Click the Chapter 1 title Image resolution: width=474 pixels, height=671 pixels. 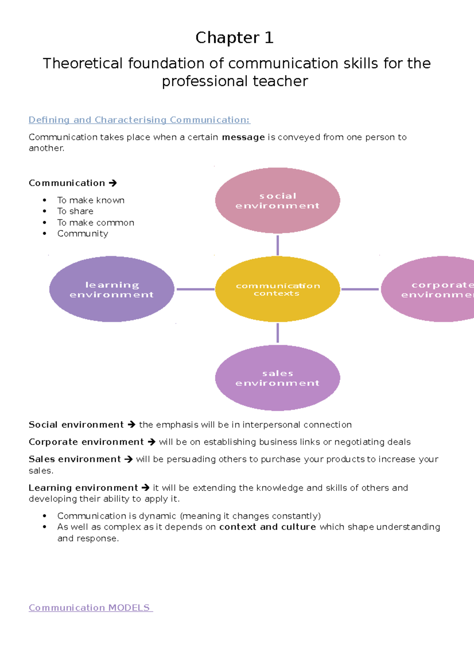click(x=234, y=38)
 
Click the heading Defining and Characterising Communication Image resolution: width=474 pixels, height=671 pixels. click(x=139, y=120)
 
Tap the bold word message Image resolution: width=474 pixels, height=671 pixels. click(x=243, y=137)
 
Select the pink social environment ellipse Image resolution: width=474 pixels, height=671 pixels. click(x=277, y=200)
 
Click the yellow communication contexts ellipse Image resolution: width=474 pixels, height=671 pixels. click(x=277, y=289)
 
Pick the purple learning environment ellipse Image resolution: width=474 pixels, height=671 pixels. click(x=111, y=289)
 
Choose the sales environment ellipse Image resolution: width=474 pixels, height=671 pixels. click(x=277, y=378)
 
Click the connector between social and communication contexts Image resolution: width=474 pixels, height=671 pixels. click(x=278, y=245)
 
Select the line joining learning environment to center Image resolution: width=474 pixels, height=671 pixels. click(x=195, y=289)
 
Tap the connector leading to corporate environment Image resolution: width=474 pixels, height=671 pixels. click(x=359, y=289)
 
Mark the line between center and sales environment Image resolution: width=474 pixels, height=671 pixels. click(x=278, y=333)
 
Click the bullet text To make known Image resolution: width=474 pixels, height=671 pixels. click(x=91, y=200)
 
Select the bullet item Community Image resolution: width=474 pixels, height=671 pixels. click(x=83, y=234)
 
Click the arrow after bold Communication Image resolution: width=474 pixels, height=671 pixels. click(x=113, y=183)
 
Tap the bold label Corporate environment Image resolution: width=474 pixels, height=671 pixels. click(x=86, y=442)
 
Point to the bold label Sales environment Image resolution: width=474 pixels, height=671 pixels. click(x=75, y=459)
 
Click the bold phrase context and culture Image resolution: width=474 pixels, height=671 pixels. click(x=267, y=527)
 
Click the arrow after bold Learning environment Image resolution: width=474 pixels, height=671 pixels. click(x=145, y=488)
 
